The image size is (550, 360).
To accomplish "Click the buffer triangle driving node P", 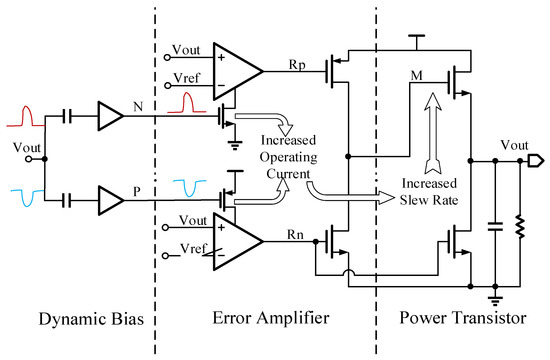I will (110, 201).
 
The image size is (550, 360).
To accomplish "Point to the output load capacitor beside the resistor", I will (496, 229).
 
